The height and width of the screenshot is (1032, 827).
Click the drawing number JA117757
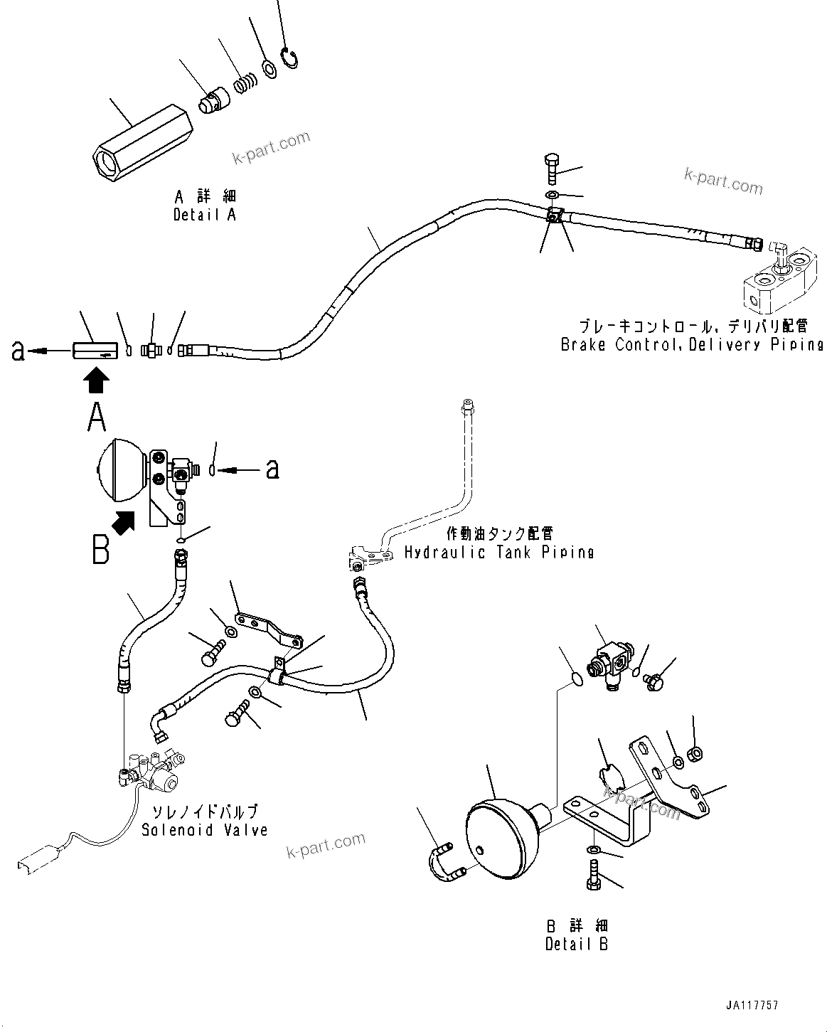(752, 1006)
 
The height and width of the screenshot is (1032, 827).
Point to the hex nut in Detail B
(696, 752)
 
